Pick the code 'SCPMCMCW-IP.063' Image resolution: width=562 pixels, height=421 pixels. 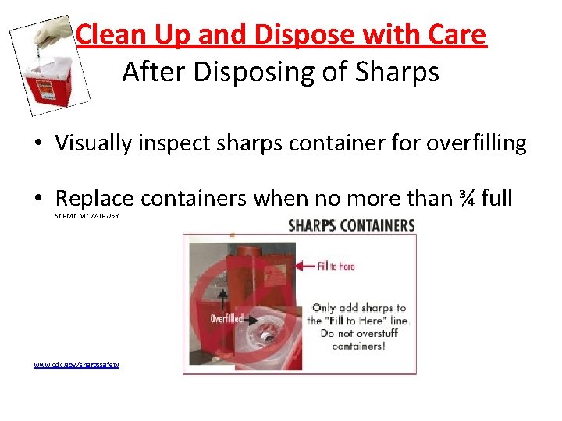(x=87, y=215)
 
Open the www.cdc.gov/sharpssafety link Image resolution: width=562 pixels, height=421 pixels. (x=76, y=364)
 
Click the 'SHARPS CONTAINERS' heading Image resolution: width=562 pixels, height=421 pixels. (x=351, y=226)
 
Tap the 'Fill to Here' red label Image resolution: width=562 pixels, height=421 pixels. (x=336, y=267)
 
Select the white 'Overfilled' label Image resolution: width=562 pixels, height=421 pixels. (x=227, y=318)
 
